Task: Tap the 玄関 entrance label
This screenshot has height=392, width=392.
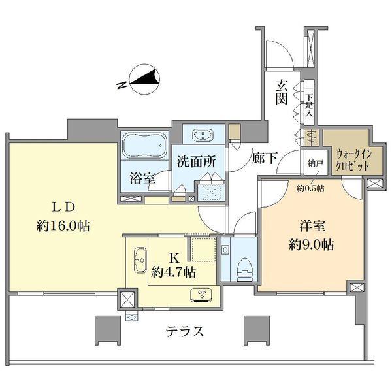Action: [x=282, y=92]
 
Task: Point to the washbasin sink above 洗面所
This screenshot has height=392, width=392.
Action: [x=204, y=136]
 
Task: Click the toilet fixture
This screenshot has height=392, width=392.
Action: [x=244, y=264]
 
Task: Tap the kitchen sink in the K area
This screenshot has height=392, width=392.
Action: [x=139, y=261]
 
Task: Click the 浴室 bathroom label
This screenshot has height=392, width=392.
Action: [x=142, y=178]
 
